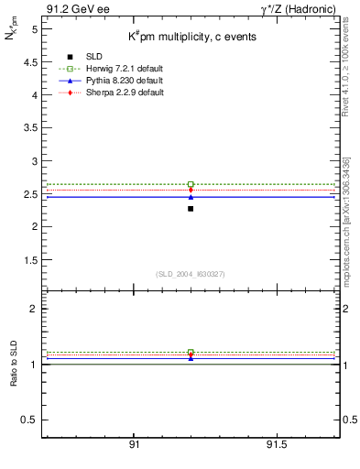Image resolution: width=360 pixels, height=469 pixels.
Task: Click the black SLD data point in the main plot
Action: coord(191,209)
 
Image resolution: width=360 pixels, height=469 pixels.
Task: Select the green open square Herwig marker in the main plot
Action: coord(191,184)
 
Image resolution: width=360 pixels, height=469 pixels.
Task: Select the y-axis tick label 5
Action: coord(35,29)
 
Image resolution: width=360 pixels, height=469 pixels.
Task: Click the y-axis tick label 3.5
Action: coord(31,128)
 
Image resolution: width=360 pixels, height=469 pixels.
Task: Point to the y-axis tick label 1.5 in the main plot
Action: coord(31,260)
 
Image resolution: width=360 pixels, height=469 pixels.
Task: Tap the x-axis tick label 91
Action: coord(134,443)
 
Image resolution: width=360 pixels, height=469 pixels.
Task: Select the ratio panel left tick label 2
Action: coord(35,310)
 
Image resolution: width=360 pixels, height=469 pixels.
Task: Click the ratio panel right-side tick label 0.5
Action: coord(349,420)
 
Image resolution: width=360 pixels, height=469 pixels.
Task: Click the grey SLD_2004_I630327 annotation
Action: coord(190,274)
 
